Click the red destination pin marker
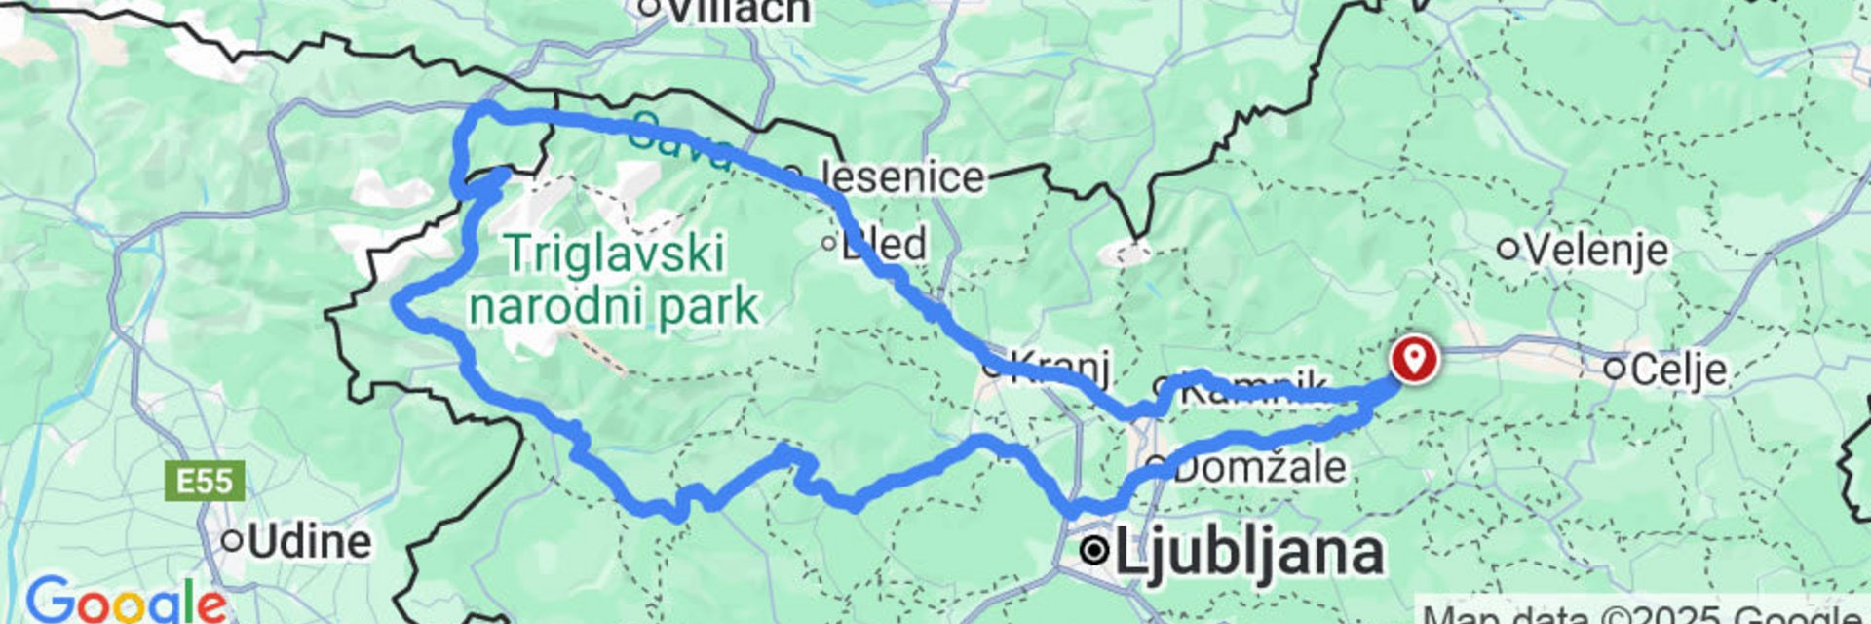tap(1413, 358)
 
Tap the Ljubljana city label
tap(1247, 552)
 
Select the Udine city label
tap(309, 542)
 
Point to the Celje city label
tap(1678, 370)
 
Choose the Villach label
tap(739, 10)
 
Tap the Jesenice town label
tap(901, 177)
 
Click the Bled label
tap(884, 244)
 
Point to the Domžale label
tap(1259, 467)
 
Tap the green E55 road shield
tap(205, 482)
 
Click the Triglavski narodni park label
tap(614, 280)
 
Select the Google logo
tap(125, 600)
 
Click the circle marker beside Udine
tap(232, 541)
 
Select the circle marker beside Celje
tap(1615, 369)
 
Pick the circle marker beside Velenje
tap(1508, 250)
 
